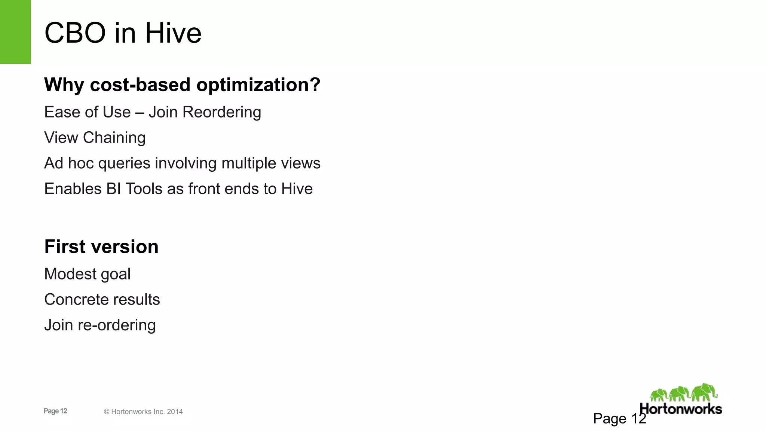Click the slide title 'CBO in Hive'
coord(123,33)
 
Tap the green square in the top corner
coord(15,32)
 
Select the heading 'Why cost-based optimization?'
coord(182,85)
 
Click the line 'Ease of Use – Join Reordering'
coord(153,112)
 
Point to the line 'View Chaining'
coord(95,138)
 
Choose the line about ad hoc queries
coord(182,163)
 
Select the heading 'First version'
coord(101,247)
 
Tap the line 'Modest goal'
coord(87,274)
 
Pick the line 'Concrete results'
coord(102,299)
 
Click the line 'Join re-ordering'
coord(100,325)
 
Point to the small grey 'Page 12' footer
coord(55,411)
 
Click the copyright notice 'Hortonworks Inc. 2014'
coord(143,412)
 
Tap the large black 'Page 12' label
coord(619,419)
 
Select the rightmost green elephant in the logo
coord(704,393)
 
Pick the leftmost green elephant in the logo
coord(659,395)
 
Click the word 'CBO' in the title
coord(75,33)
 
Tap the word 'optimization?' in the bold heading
coord(258,85)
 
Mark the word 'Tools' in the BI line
coord(144,189)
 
